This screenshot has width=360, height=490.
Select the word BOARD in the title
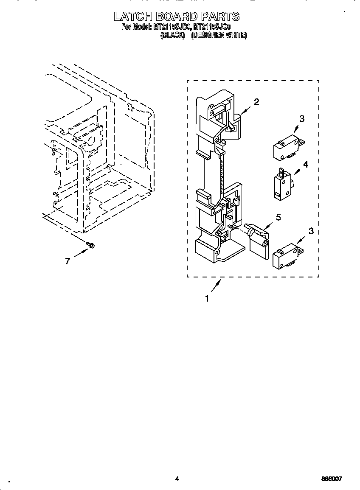177,17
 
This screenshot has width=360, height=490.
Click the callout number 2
256,102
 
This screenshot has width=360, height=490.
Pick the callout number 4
305,164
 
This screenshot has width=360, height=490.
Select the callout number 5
278,217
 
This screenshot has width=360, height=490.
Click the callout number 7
67,261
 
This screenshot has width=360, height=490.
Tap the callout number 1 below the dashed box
207,299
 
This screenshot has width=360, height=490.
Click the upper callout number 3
301,119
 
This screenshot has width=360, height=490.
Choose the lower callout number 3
311,231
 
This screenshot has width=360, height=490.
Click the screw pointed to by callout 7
90,245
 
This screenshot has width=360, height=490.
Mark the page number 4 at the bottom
177,479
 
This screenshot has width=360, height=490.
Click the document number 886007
332,479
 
